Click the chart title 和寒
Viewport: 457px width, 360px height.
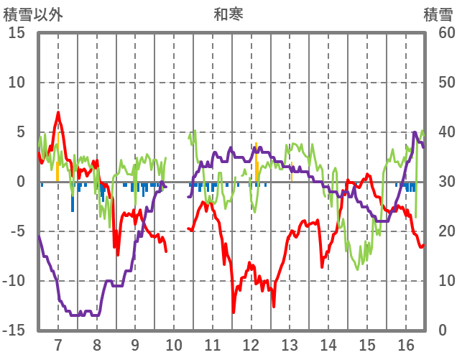[x=228, y=13]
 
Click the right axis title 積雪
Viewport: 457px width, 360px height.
[x=437, y=13]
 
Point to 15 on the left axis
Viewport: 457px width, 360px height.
[x=17, y=33]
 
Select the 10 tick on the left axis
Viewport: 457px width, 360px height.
[x=17, y=83]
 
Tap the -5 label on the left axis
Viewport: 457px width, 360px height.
[x=17, y=231]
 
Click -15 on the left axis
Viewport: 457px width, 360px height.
[x=14, y=331]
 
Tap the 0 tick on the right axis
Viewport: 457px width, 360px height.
[x=443, y=331]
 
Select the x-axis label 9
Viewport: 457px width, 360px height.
[x=135, y=343]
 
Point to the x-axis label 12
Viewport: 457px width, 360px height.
[x=251, y=343]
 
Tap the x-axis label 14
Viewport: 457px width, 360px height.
[x=328, y=343]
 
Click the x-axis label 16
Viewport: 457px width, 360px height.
[x=406, y=343]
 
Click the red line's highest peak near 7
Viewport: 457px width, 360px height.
[x=58, y=113]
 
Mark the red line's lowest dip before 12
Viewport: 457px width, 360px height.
[x=233, y=311]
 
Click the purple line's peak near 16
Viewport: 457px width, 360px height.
[x=415, y=132]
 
